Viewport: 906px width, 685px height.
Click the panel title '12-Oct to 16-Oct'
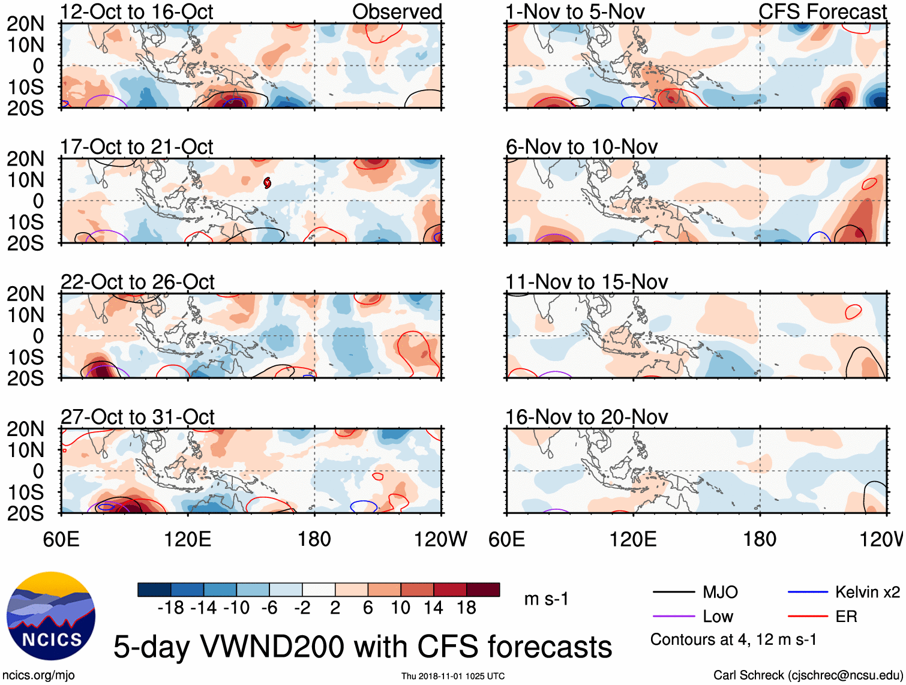137,12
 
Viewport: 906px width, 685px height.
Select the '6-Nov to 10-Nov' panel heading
581,147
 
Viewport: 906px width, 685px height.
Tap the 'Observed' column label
397,12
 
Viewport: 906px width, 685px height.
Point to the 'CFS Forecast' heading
823,12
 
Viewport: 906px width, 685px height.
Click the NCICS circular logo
51,616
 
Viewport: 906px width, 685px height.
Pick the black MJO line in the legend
673,593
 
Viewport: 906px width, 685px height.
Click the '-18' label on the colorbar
170,608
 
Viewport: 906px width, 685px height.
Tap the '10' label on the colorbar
400,608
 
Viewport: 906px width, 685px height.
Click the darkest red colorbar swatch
483,590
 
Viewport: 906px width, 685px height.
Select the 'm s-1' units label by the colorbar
546,599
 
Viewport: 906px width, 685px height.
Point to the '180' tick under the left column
314,539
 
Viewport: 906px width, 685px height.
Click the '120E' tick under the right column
633,539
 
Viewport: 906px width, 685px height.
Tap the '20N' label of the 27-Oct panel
25,429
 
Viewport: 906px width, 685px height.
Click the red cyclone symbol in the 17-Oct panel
267,182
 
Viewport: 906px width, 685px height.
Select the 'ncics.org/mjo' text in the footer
38,675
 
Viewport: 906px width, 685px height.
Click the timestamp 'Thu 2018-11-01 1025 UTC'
453,676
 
